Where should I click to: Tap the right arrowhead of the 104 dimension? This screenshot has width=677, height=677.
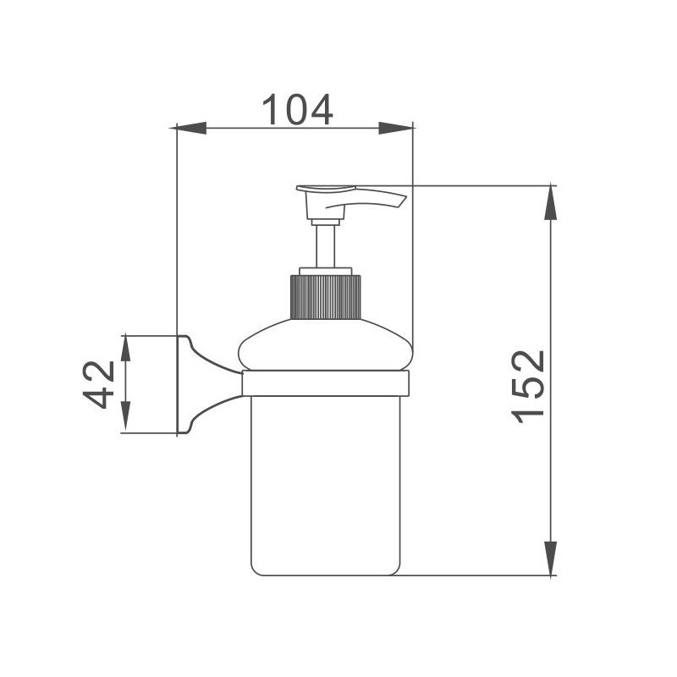pos(397,128)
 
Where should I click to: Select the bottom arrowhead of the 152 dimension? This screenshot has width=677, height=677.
pos(551,559)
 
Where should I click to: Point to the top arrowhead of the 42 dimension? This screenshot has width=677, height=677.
pos(124,349)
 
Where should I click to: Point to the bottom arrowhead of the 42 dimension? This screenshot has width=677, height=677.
pos(124,420)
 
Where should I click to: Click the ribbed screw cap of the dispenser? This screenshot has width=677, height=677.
pos(326,297)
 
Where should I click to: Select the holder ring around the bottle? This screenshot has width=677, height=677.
pos(326,383)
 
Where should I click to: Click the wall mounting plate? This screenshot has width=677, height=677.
pos(181,385)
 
